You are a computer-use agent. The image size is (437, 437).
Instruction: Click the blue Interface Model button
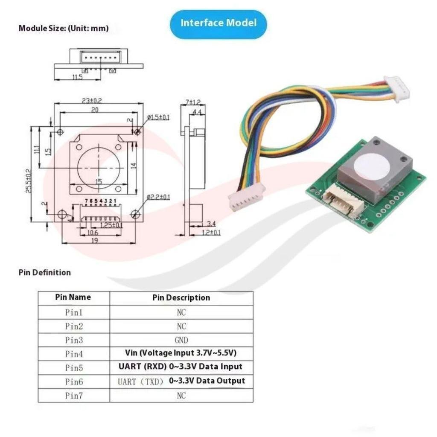coord(218,24)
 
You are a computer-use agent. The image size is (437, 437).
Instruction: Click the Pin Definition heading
coord(44,272)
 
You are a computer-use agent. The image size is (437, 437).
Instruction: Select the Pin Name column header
coord(73,297)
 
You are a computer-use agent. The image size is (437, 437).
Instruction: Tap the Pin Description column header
coord(181,297)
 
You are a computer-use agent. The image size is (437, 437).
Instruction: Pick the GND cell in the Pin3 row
coord(181,340)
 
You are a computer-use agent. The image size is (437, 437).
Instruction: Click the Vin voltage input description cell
coord(181,353)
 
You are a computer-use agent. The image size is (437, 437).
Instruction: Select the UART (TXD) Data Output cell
coord(181,381)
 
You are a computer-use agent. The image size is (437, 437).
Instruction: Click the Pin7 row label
coord(74,396)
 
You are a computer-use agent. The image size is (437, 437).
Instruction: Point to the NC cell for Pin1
coord(181,312)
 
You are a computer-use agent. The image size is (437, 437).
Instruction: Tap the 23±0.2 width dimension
coord(92,100)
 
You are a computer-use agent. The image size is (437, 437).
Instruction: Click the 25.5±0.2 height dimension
coord(29,181)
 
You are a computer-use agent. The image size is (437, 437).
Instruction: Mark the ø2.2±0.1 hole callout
coord(158,197)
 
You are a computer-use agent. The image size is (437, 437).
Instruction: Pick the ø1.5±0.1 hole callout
coord(158,117)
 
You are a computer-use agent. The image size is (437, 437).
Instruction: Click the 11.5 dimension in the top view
coord(78,77)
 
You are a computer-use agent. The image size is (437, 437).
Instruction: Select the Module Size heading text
coord(64,28)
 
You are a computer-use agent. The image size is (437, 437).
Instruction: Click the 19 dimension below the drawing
coord(95,240)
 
